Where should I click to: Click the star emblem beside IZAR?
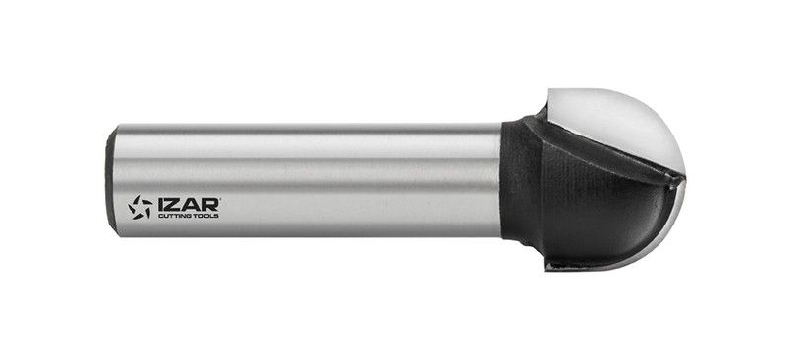139,207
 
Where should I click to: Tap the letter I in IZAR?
160,205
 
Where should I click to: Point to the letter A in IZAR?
190,205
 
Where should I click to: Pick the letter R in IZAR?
210,205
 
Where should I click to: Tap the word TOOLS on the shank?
208,216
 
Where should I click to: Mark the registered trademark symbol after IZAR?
220,199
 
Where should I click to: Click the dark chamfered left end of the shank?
109,180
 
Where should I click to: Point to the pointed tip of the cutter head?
684,176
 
